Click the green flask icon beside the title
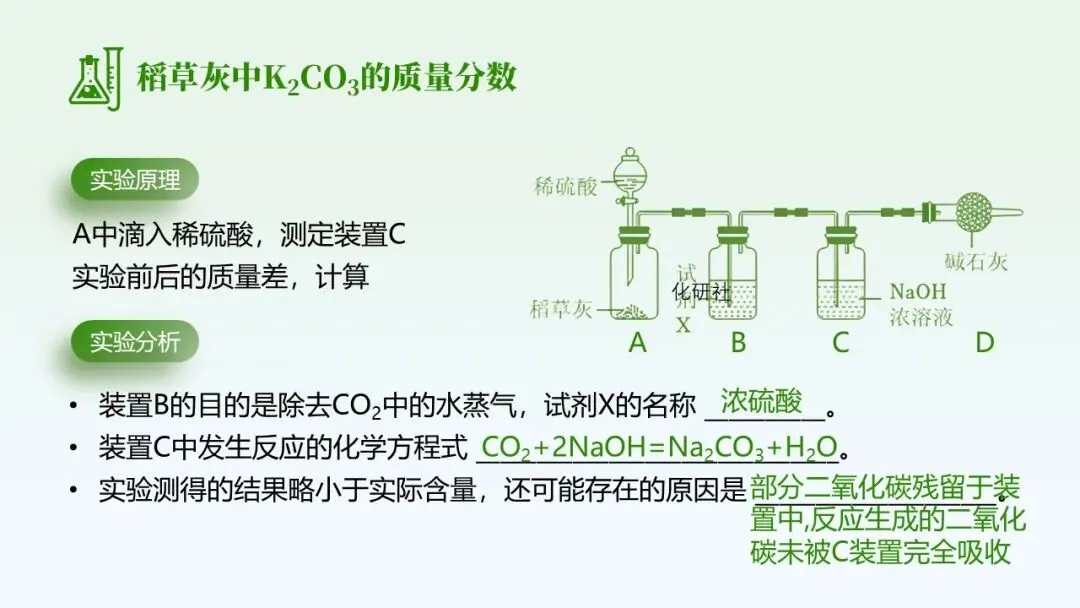[x=94, y=77]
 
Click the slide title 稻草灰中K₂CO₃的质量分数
[x=327, y=78]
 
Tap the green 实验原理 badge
[x=135, y=181]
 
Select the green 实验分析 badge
[x=135, y=342]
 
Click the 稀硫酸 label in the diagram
[x=565, y=186]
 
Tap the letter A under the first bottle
[x=638, y=343]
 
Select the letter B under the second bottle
[x=738, y=343]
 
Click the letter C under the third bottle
[x=840, y=343]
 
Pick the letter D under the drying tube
[x=985, y=343]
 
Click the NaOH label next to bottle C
[x=917, y=291]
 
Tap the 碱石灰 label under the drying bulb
[x=976, y=262]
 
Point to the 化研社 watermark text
[x=701, y=291]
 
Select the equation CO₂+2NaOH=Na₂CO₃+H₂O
[x=656, y=448]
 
